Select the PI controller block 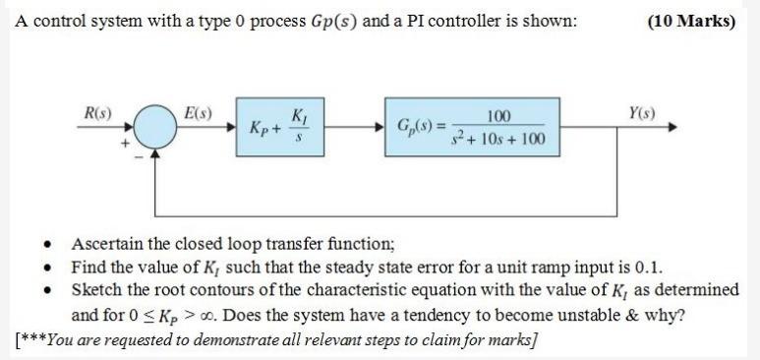click(281, 127)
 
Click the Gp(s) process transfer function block click(472, 127)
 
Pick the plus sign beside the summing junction click(126, 144)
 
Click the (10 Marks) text click(692, 22)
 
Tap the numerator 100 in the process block click(498, 116)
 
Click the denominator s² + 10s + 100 click(498, 139)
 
